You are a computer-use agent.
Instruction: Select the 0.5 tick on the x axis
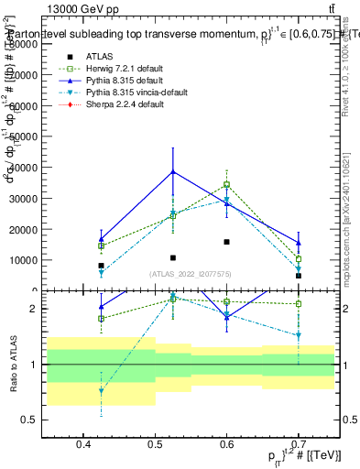coord(155,446)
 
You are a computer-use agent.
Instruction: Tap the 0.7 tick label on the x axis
coord(299,446)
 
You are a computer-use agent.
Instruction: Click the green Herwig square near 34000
coord(226,185)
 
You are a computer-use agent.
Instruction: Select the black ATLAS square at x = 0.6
coord(226,242)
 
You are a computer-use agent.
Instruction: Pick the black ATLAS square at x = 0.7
coord(299,276)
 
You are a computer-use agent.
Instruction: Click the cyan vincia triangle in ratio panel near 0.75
coord(101,391)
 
